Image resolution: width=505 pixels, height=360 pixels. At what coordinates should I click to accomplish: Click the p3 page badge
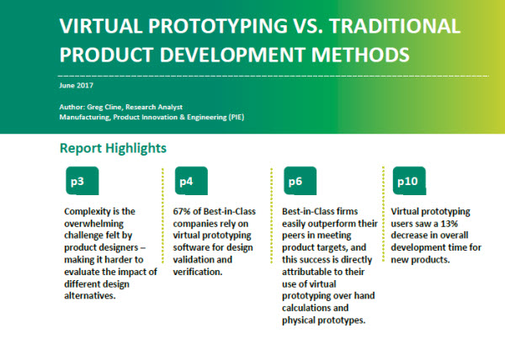click(82, 181)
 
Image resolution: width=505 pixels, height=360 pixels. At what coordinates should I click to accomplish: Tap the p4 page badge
click(191, 181)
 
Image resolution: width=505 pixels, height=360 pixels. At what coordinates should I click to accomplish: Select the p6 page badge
click(300, 181)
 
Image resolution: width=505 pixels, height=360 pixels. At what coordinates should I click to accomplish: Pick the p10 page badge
click(409, 181)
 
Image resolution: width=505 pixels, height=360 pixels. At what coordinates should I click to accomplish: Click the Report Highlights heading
click(113, 149)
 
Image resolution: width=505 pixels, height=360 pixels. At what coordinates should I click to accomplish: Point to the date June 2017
click(77, 86)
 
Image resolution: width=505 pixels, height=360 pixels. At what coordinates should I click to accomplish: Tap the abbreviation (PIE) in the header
click(236, 117)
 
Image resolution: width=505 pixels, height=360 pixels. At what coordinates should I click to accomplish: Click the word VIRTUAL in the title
click(101, 26)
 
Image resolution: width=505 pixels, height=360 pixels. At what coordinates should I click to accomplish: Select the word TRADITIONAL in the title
click(396, 26)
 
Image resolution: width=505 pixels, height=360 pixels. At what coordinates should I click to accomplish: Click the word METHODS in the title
click(360, 55)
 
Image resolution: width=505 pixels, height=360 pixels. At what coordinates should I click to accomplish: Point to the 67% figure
click(182, 211)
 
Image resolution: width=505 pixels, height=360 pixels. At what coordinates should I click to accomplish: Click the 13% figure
click(449, 224)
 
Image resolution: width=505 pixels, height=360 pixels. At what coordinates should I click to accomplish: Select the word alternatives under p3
click(90, 296)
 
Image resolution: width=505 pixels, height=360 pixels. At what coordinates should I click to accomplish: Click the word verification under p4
click(198, 272)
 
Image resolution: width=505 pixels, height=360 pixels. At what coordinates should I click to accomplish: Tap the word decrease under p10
click(409, 236)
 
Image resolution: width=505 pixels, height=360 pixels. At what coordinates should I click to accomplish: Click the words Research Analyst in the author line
click(154, 108)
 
